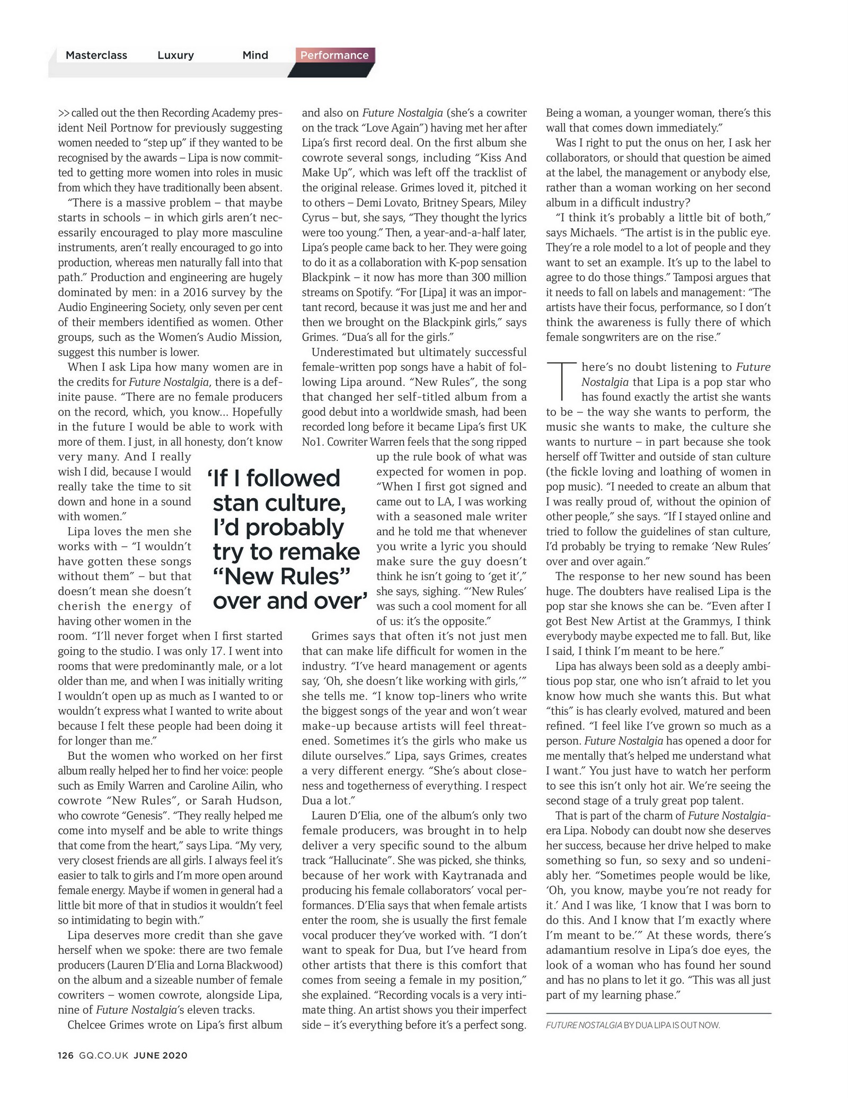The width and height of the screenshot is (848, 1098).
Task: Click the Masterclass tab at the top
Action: click(96, 55)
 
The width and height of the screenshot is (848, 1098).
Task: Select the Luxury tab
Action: click(175, 55)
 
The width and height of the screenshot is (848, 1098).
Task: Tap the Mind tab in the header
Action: click(255, 55)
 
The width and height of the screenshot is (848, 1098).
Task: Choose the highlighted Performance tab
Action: click(334, 55)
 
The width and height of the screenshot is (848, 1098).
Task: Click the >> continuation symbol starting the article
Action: click(64, 113)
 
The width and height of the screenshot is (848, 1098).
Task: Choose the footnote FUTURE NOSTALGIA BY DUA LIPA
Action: click(633, 1025)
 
